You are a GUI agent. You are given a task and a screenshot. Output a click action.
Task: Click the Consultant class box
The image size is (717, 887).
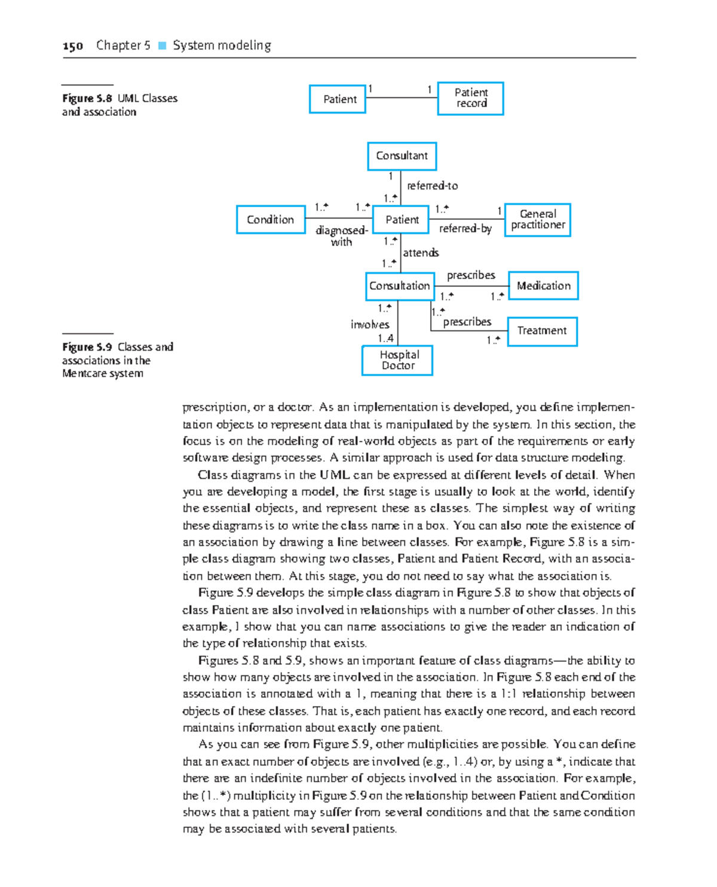[402, 156]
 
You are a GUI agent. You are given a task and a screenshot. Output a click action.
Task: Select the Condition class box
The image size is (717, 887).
[271, 219]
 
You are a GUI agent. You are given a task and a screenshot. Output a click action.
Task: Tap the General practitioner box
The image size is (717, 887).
[537, 220]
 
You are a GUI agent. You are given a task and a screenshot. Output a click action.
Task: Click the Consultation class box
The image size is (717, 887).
[399, 286]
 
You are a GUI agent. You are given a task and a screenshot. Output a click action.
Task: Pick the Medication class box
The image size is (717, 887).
[543, 286]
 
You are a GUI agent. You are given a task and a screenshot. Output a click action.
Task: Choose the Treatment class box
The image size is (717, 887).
[542, 331]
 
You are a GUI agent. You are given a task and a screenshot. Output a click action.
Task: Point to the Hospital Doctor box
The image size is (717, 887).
[397, 360]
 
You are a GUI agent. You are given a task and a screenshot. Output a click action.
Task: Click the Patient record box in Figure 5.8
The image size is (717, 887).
[470, 98]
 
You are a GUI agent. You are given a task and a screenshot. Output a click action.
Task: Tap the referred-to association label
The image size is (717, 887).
[432, 186]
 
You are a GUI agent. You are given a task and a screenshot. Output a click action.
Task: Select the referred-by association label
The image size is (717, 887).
[465, 229]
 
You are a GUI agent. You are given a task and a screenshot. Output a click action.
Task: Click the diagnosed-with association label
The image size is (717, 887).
[341, 236]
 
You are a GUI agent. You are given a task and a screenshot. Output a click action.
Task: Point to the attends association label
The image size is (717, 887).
[421, 253]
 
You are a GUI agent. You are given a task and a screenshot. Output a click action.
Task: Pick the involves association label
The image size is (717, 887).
[369, 324]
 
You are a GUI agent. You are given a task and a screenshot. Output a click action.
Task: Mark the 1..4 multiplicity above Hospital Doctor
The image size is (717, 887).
[385, 338]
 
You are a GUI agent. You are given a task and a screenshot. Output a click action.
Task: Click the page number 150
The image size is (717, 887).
[72, 46]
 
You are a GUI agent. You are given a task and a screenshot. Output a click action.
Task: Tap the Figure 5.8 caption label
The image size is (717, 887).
[87, 99]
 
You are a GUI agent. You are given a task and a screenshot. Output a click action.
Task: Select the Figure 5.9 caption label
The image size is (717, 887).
[87, 347]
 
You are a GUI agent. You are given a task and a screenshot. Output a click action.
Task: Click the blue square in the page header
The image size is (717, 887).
[162, 45]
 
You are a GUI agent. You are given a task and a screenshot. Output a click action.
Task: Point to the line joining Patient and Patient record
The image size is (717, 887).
[402, 97]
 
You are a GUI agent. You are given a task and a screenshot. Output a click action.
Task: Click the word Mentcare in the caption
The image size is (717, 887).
[81, 374]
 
